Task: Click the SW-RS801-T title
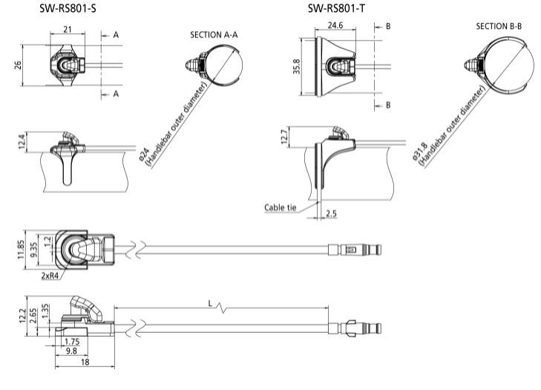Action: (339, 8)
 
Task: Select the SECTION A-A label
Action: (214, 34)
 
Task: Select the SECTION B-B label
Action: (498, 26)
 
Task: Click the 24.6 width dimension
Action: (337, 25)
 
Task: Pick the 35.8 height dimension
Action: (296, 68)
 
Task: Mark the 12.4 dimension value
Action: (22, 140)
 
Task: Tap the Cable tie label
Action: (280, 207)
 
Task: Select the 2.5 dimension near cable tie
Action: (331, 215)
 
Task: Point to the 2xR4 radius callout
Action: (52, 275)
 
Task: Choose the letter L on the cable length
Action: (212, 304)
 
